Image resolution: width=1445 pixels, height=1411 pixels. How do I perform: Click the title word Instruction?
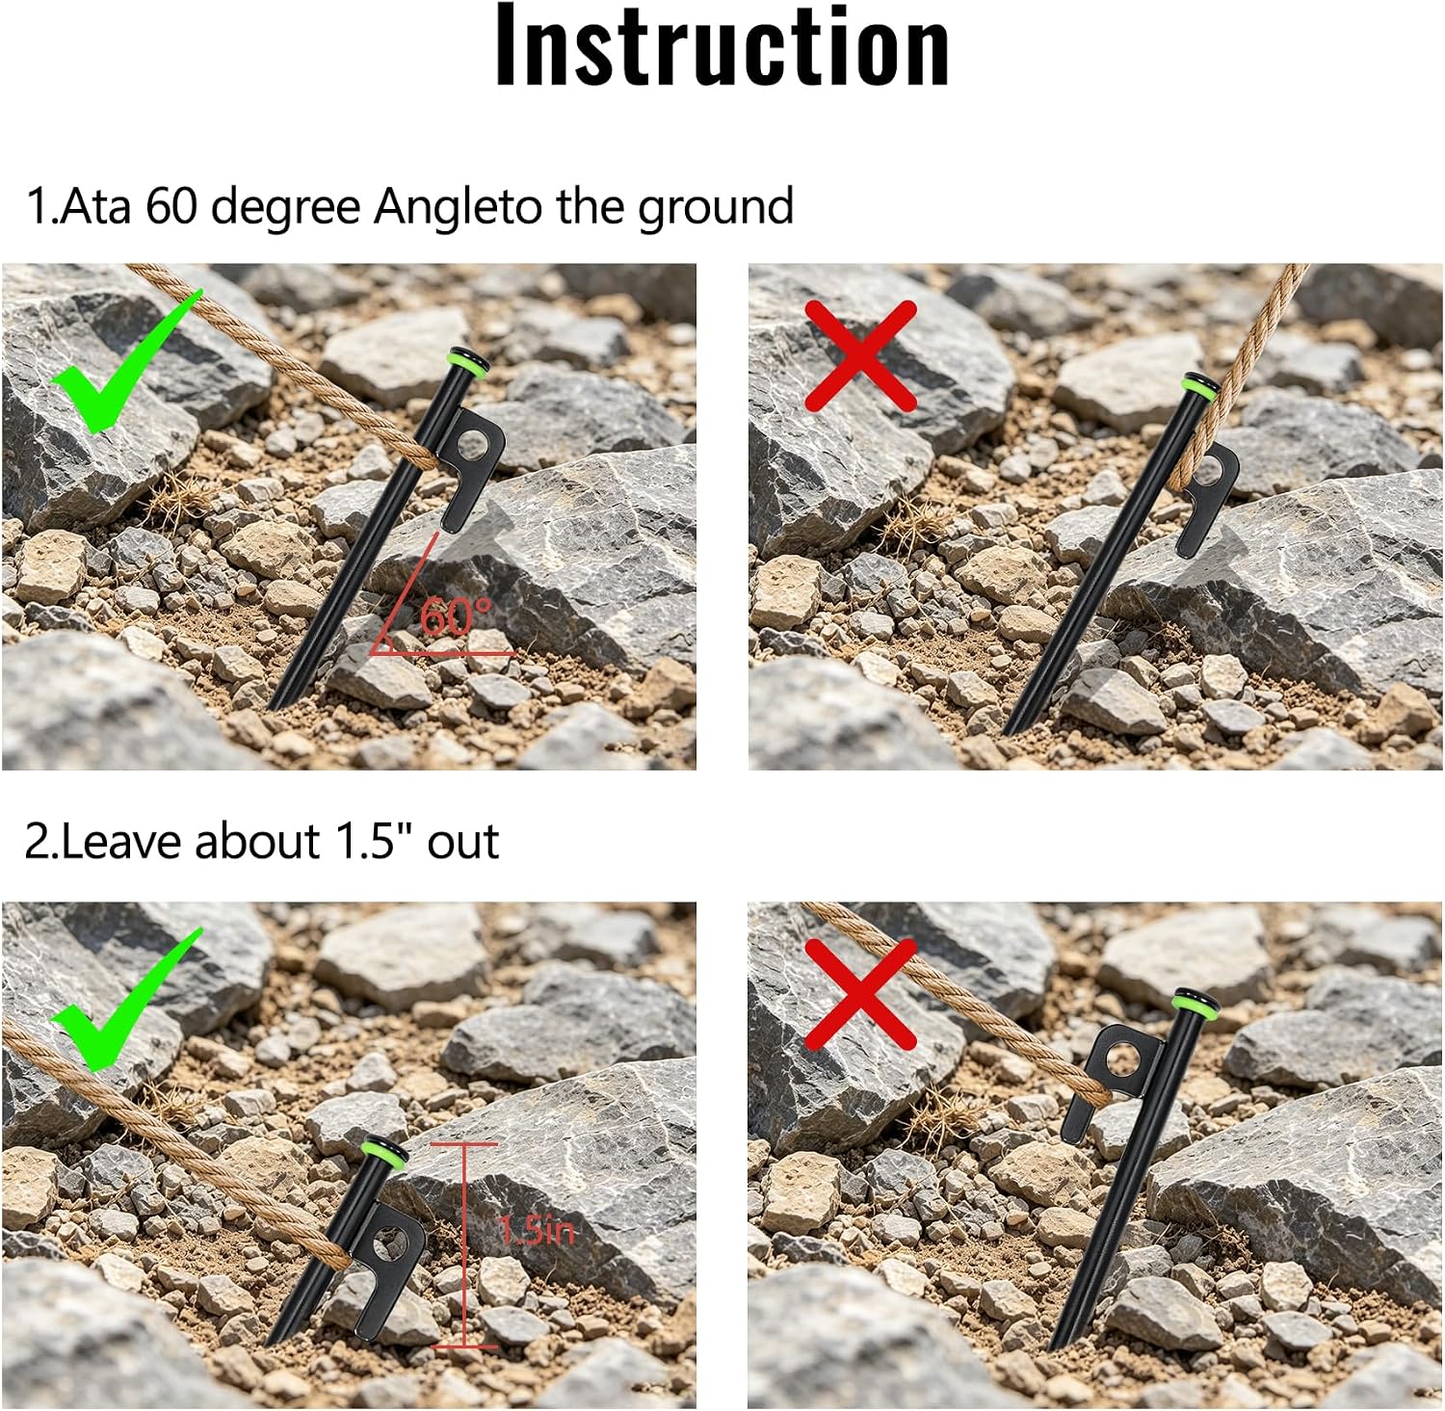click(722, 46)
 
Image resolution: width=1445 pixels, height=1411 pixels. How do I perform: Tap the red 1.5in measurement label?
click(537, 1230)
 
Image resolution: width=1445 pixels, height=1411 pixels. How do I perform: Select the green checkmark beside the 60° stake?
click(126, 360)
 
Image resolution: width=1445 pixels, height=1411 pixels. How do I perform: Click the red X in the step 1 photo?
click(860, 355)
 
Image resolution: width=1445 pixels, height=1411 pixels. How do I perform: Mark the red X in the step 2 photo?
click(860, 994)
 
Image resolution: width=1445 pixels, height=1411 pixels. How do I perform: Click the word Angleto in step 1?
click(459, 207)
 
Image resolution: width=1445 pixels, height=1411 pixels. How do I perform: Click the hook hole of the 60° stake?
click(472, 446)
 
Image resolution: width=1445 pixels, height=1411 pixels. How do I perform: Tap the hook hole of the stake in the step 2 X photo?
click(1122, 1060)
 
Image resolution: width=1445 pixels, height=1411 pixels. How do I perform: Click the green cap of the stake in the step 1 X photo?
click(1200, 386)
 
